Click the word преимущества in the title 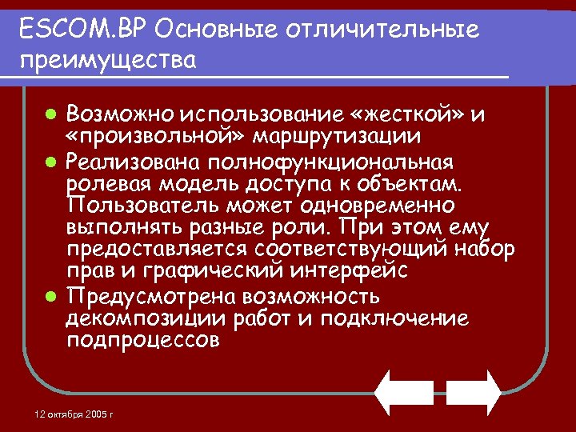pos(108,60)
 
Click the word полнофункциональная pos(330,163)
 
